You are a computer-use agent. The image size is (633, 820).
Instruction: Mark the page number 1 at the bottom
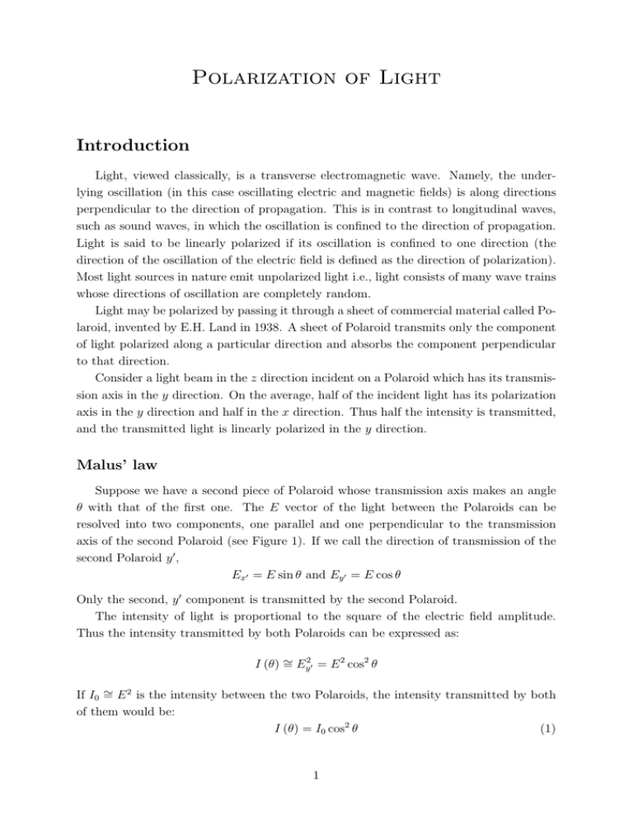pyautogui.click(x=316, y=791)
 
